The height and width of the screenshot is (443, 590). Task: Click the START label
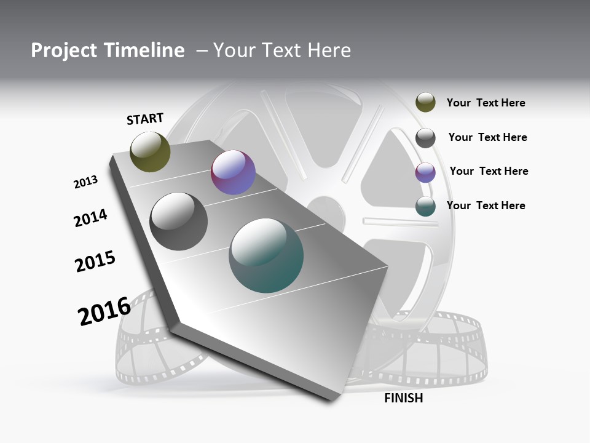[145, 119]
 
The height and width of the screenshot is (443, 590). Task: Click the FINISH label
[403, 398]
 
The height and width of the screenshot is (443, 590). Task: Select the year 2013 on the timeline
[85, 182]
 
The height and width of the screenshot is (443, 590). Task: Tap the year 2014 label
[90, 218]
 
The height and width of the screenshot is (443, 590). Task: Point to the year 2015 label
[95, 261]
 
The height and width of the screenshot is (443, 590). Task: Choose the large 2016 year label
[104, 311]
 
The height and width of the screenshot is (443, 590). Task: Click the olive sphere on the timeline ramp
[150, 151]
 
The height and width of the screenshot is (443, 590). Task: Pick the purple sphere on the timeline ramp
[233, 172]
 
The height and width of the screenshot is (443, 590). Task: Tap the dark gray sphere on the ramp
[179, 221]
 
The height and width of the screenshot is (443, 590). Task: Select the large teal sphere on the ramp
[266, 255]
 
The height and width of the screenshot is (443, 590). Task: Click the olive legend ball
[425, 102]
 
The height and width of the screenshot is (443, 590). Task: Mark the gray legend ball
[425, 138]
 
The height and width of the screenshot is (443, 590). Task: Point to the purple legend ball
[425, 172]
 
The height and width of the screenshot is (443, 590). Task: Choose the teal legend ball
[425, 207]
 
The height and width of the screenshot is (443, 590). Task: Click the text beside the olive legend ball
[486, 103]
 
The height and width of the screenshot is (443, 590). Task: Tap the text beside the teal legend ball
[486, 206]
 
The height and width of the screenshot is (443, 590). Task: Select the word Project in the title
[64, 50]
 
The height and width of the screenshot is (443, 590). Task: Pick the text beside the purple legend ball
[489, 171]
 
